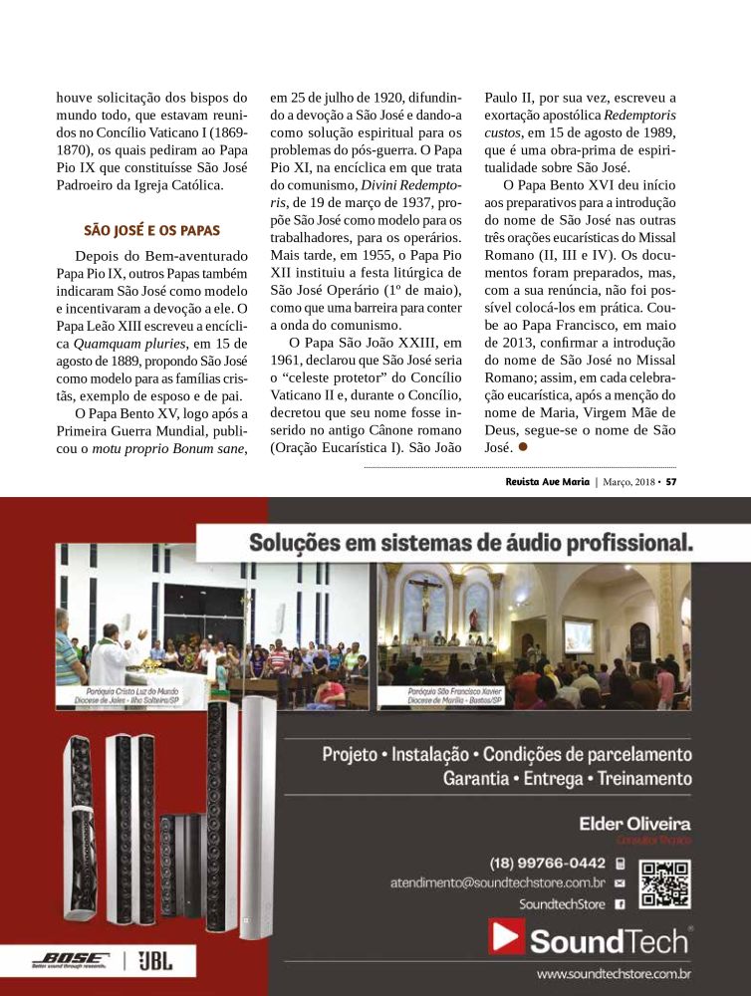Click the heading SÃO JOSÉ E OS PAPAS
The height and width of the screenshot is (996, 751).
pos(151,229)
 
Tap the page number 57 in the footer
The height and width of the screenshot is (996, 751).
pos(671,482)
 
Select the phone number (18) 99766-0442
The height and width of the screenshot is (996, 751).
pos(547,863)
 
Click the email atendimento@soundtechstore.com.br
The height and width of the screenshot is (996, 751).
pos(498,882)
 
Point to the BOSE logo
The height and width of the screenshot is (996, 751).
pos(69,960)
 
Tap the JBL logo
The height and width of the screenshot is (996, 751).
pos(154,960)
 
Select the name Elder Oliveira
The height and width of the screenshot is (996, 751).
pos(634,824)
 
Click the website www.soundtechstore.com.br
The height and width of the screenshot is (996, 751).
pos(614,973)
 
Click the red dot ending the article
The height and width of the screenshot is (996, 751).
pos(522,448)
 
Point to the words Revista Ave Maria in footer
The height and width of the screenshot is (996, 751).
pos(547,482)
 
